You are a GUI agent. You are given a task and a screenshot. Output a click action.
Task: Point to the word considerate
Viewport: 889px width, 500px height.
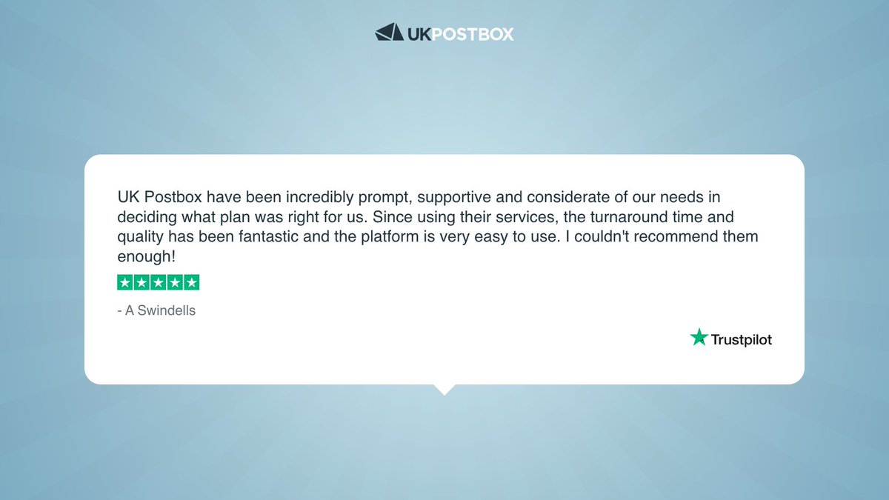coord(559,199)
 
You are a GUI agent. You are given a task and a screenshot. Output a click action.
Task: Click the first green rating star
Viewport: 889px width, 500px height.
coord(125,282)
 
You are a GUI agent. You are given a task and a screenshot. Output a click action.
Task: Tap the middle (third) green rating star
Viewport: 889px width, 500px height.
coord(159,282)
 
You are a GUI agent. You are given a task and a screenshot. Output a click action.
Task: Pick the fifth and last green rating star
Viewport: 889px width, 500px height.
coord(192,282)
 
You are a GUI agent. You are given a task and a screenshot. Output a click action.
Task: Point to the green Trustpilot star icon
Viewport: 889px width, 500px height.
coord(699,338)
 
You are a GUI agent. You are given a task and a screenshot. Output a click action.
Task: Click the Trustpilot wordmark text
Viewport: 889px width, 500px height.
coord(742,340)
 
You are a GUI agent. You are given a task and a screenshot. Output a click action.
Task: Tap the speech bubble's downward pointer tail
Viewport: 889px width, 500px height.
coord(444,389)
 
